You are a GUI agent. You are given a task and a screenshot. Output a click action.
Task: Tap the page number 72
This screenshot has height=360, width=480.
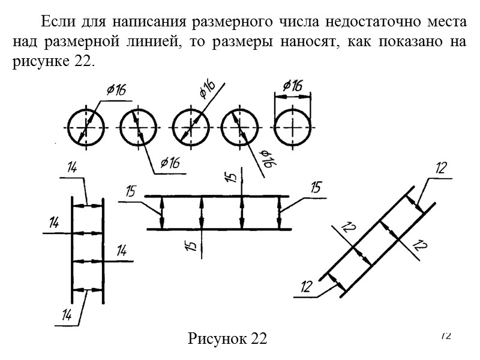coord(446,335)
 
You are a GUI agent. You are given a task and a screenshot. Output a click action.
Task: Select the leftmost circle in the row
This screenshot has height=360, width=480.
coord(86,128)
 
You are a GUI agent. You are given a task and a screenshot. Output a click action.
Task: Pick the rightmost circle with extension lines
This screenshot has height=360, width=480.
coord(293,128)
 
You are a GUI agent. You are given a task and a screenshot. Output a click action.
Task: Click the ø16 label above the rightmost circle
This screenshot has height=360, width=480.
coord(293,86)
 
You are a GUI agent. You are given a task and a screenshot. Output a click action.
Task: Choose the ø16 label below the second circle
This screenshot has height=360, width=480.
coord(170,163)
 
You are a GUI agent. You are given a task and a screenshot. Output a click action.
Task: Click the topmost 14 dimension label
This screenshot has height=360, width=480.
coord(71,169)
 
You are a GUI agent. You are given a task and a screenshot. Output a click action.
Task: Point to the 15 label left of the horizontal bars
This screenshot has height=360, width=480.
coord(131,192)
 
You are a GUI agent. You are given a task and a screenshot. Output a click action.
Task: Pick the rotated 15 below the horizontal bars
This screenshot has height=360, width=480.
coord(191,246)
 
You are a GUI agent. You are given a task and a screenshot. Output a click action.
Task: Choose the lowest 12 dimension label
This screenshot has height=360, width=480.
coord(307,287)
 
